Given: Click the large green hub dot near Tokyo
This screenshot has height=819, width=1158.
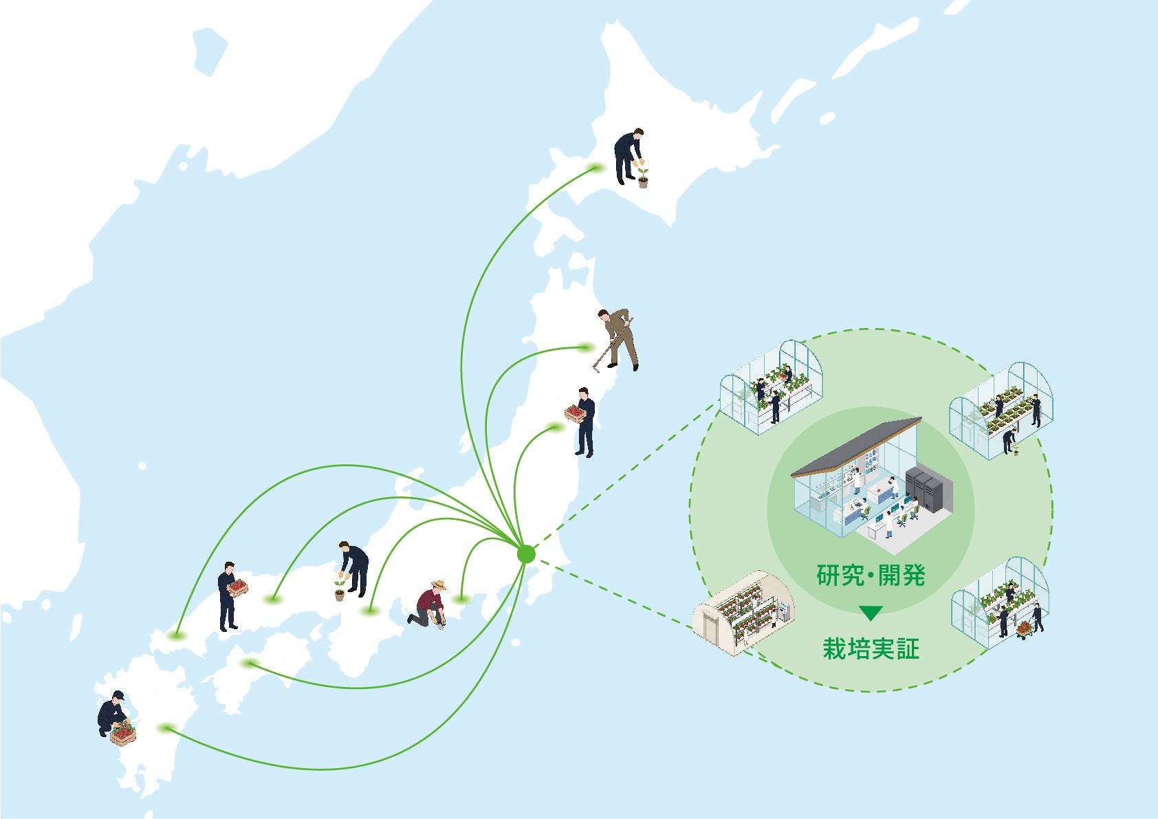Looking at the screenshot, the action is point(526,554).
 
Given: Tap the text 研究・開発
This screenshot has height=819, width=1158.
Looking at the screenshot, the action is point(871,575).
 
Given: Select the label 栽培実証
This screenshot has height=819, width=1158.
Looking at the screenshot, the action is point(871,649).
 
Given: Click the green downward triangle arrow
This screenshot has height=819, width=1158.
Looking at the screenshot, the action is point(871,613).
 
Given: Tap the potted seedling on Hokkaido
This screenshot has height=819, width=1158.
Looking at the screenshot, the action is point(642,178).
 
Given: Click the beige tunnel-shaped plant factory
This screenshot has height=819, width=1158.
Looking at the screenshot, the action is point(743,613).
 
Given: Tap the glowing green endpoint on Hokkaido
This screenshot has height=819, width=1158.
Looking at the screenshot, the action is point(596,168).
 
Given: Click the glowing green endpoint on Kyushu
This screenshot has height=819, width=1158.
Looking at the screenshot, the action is point(167,728).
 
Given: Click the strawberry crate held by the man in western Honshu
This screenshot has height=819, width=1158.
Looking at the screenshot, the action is point(239,587).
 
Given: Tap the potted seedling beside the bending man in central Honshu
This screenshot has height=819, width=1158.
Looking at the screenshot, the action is point(339,591).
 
